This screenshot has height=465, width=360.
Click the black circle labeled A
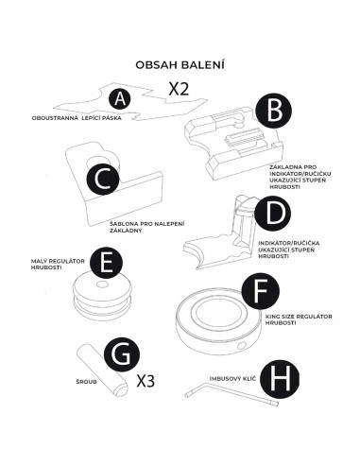click(120, 98)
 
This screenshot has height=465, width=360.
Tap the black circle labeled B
click(273, 111)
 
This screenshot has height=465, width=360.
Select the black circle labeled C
click(103, 180)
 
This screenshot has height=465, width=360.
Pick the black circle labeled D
click(273, 214)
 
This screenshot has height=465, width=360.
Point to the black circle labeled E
click(106, 263)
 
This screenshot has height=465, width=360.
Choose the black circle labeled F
click(260, 291)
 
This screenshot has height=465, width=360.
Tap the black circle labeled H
click(281, 378)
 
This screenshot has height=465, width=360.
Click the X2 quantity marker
click(179, 89)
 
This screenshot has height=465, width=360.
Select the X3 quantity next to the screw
click(146, 381)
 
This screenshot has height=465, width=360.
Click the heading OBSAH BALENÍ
click(180, 64)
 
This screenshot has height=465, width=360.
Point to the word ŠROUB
click(86, 382)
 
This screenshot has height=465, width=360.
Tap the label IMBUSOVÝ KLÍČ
click(232, 378)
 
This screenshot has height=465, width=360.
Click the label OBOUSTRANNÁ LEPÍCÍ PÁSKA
click(77, 118)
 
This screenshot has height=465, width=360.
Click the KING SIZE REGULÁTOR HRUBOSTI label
click(299, 319)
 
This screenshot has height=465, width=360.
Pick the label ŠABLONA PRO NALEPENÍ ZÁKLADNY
click(147, 227)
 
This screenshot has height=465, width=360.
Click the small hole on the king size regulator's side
click(242, 346)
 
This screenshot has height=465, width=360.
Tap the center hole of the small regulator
click(102, 284)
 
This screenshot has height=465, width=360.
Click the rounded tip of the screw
click(121, 390)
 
